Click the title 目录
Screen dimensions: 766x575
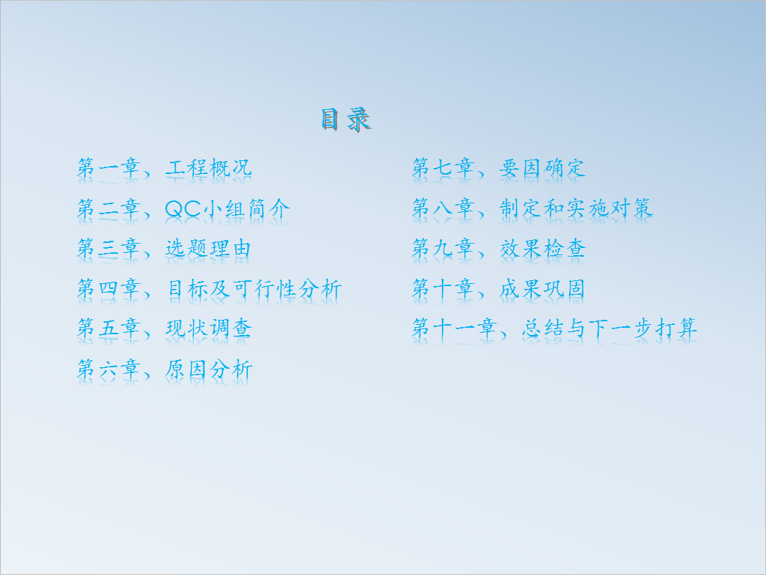[x=346, y=120]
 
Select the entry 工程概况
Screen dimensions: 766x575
[x=208, y=167]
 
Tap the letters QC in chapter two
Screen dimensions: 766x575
[x=183, y=208]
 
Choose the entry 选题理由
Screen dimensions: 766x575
[x=208, y=249]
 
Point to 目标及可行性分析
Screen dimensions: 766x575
[x=254, y=289]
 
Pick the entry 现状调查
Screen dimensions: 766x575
[x=208, y=328]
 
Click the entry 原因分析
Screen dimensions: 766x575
[x=208, y=369]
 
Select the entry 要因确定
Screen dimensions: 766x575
[x=543, y=167]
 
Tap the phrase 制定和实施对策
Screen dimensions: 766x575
[x=576, y=208]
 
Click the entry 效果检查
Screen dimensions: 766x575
[x=543, y=249]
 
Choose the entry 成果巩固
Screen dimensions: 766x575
[x=543, y=289]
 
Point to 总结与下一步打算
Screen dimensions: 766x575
[x=609, y=328]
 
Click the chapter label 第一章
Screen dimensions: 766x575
[x=109, y=167]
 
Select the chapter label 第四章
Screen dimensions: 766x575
[x=109, y=289]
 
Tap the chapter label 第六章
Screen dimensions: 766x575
[x=109, y=369]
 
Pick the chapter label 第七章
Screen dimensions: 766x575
[x=443, y=167]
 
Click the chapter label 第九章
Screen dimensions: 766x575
[x=443, y=249]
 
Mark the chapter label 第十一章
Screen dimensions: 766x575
[x=455, y=328]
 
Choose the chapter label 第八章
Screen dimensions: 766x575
[x=443, y=208]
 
